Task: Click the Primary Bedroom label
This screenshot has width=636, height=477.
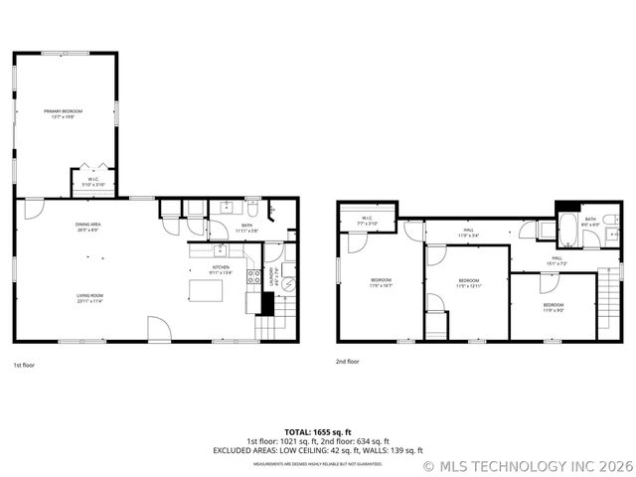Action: click(x=66, y=113)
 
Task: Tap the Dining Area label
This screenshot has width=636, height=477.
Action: click(x=87, y=229)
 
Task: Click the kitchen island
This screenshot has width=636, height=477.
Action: click(x=207, y=290)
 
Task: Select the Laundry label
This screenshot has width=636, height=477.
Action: click(x=275, y=282)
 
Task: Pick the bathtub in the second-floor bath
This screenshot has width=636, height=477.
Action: click(x=567, y=231)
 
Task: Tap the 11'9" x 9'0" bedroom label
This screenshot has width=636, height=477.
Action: click(x=554, y=307)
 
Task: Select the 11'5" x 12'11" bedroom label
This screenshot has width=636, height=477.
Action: click(x=469, y=283)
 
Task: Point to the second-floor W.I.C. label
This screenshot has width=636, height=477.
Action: click(x=367, y=221)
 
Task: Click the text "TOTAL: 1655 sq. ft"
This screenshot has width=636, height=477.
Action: click(x=318, y=432)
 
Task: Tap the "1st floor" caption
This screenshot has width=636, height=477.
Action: click(x=25, y=365)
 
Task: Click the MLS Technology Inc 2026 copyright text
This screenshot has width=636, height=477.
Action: click(x=528, y=465)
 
